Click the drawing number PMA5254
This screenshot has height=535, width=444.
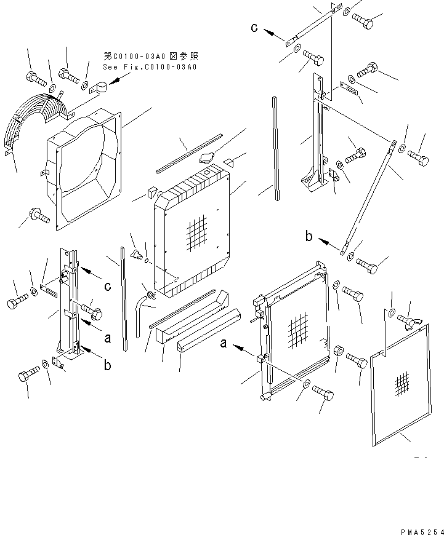[x=421, y=529]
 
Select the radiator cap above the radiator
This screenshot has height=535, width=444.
[x=206, y=159]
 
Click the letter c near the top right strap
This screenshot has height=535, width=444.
[x=254, y=27]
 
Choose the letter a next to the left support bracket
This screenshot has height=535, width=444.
[x=107, y=338]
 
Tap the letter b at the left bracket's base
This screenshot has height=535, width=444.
[x=107, y=365]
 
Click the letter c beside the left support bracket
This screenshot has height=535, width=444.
[x=108, y=285]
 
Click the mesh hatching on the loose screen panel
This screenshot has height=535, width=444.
[x=401, y=384]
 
